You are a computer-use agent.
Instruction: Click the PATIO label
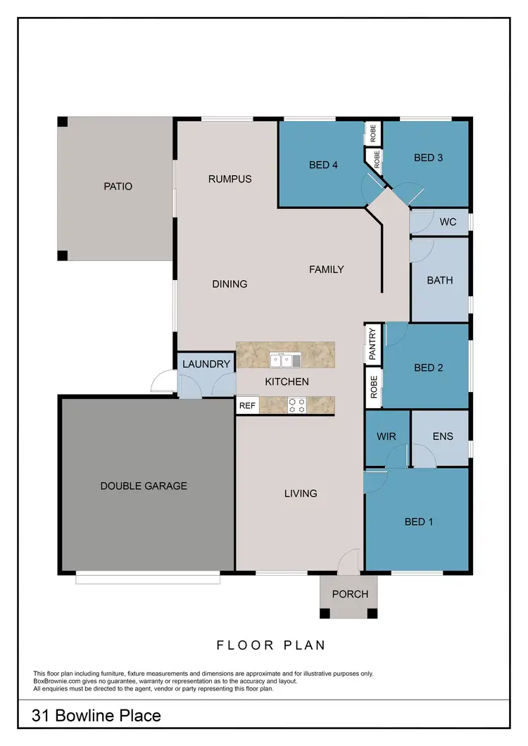118,186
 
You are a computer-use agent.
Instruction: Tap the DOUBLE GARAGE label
144,486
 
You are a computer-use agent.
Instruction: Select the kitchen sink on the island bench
285,361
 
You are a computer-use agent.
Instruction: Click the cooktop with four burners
297,405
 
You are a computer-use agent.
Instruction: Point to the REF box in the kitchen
247,405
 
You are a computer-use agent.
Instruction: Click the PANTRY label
373,343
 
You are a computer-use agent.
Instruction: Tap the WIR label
386,436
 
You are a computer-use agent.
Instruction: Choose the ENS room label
443,436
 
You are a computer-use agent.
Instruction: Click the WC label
448,222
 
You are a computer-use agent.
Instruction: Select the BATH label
440,280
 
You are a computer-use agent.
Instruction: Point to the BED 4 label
324,165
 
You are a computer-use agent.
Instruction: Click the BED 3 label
428,158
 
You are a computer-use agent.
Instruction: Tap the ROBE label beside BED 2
373,388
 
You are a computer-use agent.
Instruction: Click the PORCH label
350,594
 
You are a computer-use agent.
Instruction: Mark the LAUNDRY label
206,364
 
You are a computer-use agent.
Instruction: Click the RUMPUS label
230,179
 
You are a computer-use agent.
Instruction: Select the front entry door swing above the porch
348,561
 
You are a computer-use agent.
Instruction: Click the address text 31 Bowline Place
96,716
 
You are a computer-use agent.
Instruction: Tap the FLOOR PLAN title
270,645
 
